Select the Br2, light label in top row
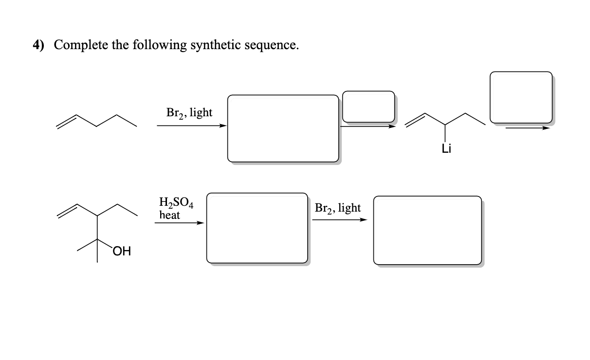pos(189,113)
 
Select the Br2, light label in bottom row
pos(337,208)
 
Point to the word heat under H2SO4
pos(169,215)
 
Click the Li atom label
pos(446,149)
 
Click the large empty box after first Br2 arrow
pos(283,128)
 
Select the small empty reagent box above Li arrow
pos(368,106)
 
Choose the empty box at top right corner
pos(521,97)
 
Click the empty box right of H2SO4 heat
pos(257,228)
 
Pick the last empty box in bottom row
pos(427,230)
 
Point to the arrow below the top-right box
pos(528,128)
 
